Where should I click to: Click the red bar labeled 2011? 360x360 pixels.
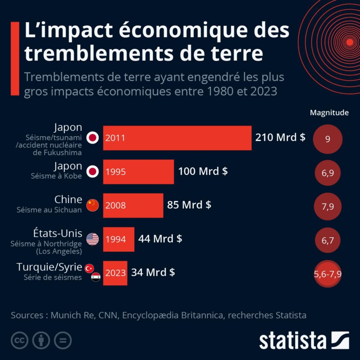coord(177,138)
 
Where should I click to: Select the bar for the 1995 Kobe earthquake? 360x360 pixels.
coord(138,172)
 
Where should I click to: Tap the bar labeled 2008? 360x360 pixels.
coord(133,205)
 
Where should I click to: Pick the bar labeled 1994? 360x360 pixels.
coord(118,239)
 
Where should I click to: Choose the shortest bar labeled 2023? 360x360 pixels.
coord(115,273)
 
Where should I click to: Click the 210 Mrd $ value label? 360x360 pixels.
coord(280,138)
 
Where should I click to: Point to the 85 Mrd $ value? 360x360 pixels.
coord(189,205)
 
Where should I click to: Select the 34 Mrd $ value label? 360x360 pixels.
coord(153,272)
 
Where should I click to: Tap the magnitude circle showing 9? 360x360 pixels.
coord(328,139)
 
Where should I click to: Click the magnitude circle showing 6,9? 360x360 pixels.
coord(328,173)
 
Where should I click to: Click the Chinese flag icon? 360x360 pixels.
coord(92,205)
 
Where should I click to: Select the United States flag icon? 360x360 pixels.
coord(93,239)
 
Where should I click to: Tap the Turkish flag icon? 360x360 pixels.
coord(89,268)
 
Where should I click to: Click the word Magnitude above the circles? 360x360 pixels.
coord(329,113)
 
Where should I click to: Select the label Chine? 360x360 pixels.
coord(68,199)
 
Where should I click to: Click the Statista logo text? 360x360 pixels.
coord(293,340)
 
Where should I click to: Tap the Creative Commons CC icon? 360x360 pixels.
coord(19,340)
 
